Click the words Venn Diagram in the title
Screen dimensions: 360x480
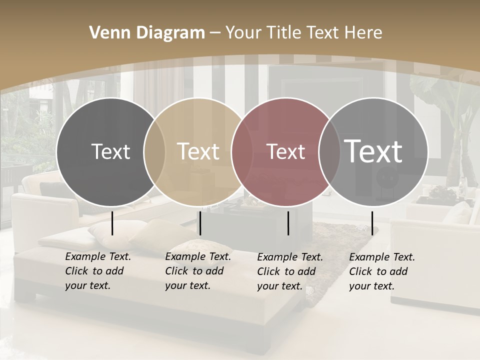pos(147,33)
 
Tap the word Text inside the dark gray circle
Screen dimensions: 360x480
pos(110,151)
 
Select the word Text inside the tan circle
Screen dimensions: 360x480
pos(198,151)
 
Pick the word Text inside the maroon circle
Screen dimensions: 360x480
pos(285,151)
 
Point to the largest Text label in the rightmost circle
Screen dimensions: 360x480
pos(373,151)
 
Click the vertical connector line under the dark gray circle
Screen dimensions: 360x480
pos(112,223)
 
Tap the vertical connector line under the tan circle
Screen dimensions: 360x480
pos(200,223)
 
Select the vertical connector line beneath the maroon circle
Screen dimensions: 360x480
pos(288,223)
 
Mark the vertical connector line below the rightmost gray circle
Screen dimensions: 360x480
pos(372,223)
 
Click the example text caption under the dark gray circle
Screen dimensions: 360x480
pos(98,271)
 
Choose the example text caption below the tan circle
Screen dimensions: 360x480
pos(198,271)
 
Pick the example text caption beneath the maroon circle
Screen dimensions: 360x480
pos(290,271)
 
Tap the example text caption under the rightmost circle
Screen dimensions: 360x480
pos(382,271)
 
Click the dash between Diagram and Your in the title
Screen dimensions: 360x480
pos(215,33)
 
